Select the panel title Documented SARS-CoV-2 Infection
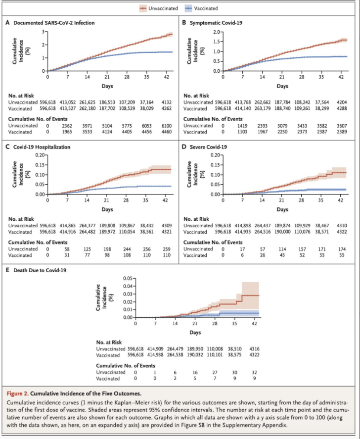click(x=54, y=23)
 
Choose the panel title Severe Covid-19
click(x=208, y=147)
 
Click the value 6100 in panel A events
click(x=166, y=126)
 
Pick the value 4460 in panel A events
click(x=166, y=132)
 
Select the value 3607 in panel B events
click(x=341, y=126)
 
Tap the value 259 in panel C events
click(x=166, y=249)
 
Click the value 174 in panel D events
click(x=341, y=249)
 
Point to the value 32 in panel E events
click(x=254, y=372)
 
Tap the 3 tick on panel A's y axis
click(x=44, y=32)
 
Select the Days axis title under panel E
click(x=195, y=330)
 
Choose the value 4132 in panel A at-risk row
click(x=166, y=102)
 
